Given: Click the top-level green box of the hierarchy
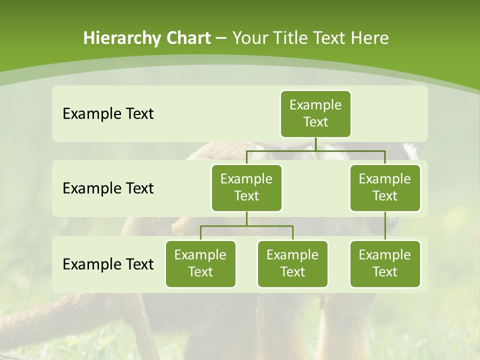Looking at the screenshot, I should tap(315, 114).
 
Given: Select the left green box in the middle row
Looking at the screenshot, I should tap(246, 188).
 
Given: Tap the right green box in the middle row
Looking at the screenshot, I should tap(385, 188).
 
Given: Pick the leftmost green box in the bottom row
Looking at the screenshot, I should tap(200, 264).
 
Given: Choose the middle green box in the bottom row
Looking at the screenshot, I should tap(292, 264).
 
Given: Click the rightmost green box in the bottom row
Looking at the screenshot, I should tap(385, 264).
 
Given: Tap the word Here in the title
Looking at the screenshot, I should tap(369, 38).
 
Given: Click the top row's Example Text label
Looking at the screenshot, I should tap(108, 114).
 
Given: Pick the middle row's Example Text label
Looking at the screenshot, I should tap(108, 188).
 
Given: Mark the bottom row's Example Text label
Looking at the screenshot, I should tap(108, 264).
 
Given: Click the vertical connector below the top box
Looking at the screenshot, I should tap(315, 144).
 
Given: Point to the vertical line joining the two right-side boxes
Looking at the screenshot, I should tap(385, 226).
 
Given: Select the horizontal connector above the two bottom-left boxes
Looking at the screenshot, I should tap(246, 226).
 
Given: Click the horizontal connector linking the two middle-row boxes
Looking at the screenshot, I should tap(315, 150).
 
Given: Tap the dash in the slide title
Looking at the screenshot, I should tap(221, 38).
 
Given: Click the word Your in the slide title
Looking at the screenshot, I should tap(249, 38).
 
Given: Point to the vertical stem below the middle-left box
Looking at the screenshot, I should tap(246, 218).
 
